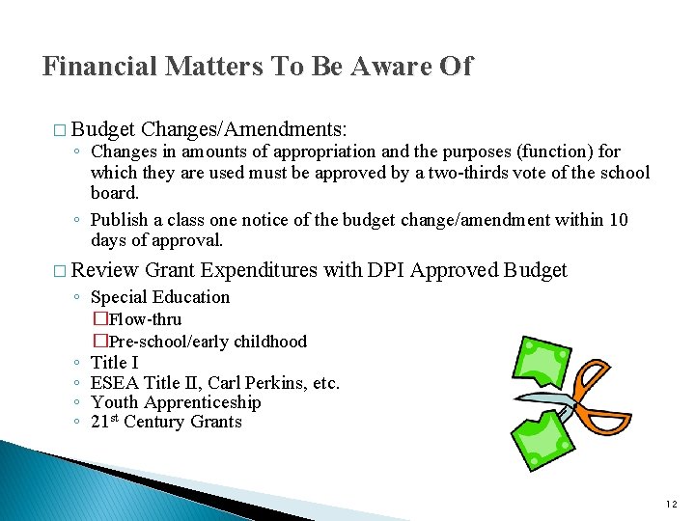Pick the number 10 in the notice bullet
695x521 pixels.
pos(618,220)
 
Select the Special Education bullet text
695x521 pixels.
pos(160,297)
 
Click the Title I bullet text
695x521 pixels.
pos(115,363)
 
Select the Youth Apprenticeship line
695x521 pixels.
pos(176,402)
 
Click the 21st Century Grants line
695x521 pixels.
pos(166,422)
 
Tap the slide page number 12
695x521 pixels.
pos(673,504)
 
